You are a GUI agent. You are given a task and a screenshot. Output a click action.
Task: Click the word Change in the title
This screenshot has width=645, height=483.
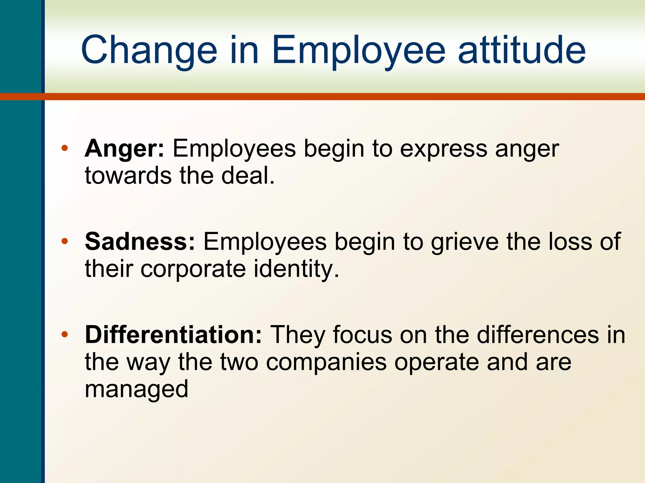[x=149, y=50]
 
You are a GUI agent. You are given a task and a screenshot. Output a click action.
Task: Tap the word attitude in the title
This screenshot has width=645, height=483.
[x=522, y=50]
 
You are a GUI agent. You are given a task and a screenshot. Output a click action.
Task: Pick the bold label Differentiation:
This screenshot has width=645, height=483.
[x=173, y=335]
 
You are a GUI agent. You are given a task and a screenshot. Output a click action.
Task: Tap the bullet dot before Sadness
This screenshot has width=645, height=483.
[x=65, y=241]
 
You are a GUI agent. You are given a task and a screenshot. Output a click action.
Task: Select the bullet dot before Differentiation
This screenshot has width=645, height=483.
[x=65, y=334]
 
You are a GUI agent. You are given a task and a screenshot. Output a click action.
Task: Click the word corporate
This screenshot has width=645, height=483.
[x=193, y=269]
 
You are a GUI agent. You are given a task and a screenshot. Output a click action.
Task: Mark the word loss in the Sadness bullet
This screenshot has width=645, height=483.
[x=570, y=242]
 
